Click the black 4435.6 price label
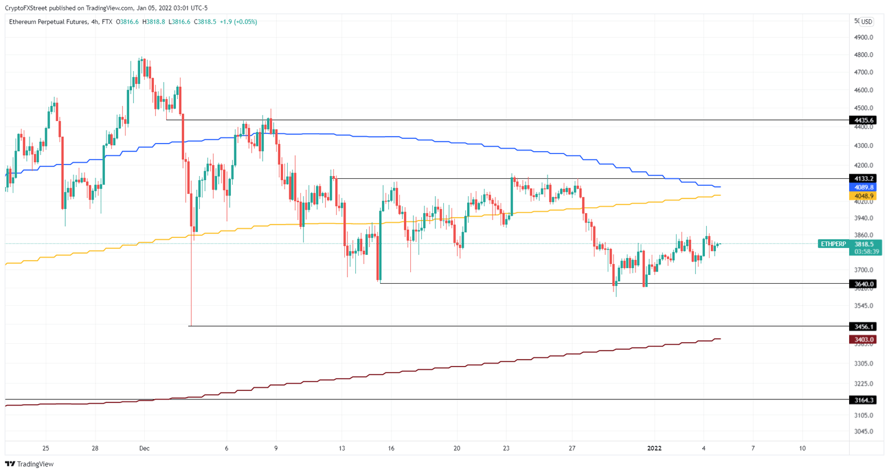point(862,120)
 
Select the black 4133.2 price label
point(862,179)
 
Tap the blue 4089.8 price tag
point(862,188)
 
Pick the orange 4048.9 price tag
point(862,196)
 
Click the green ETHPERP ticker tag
point(833,244)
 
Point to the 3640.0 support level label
point(862,284)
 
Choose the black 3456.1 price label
point(862,327)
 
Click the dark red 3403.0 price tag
point(862,340)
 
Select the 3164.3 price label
point(862,400)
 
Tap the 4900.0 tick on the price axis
point(863,38)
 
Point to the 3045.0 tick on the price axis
point(863,432)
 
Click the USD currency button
point(866,22)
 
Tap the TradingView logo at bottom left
point(30,464)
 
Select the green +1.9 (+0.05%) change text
point(238,22)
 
